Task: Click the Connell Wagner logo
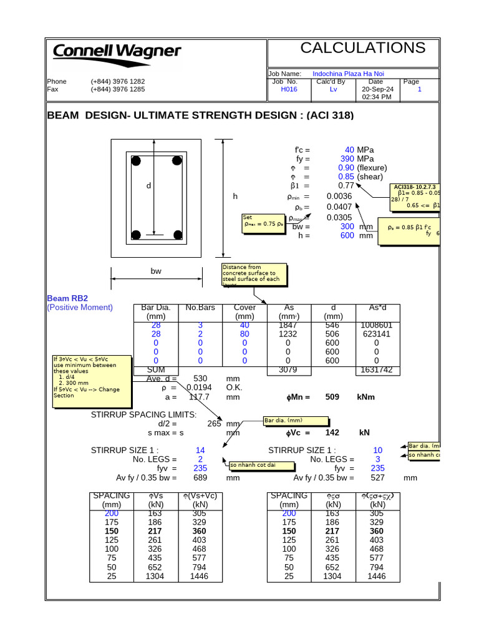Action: [x=117, y=51]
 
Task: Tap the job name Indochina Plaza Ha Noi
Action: [x=348, y=74]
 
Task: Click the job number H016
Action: [x=289, y=89]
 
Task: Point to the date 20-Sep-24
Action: [x=375, y=89]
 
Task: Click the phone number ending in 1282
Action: [x=118, y=82]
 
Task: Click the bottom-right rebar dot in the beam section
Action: [x=179, y=235]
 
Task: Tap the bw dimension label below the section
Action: [x=156, y=271]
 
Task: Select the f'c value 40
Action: [x=349, y=150]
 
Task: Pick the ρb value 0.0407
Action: [x=339, y=207]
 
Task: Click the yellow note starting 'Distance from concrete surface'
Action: [x=254, y=275]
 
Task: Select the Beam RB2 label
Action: [x=67, y=298]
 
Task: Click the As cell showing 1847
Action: [x=288, y=325]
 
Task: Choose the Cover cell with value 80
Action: [x=244, y=334]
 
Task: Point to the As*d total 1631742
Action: [x=376, y=370]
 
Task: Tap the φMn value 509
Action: [x=332, y=397]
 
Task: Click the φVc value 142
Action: [x=332, y=432]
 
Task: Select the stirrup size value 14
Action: [x=200, y=450]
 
